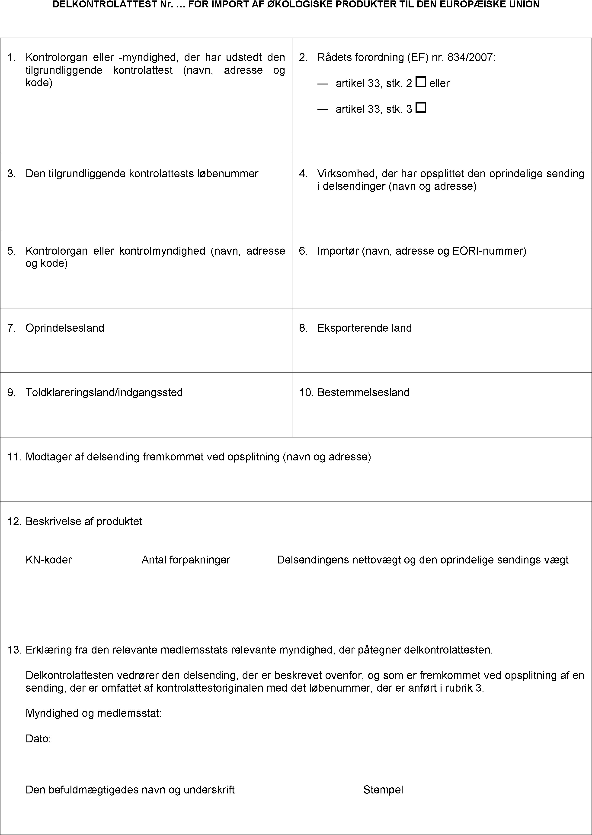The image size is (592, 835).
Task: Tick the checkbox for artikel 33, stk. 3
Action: coord(421,108)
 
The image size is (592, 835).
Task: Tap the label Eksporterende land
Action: coord(365,328)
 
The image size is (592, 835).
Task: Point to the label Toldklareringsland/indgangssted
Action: coord(104,392)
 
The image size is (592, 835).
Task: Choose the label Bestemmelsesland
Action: coord(363,392)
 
